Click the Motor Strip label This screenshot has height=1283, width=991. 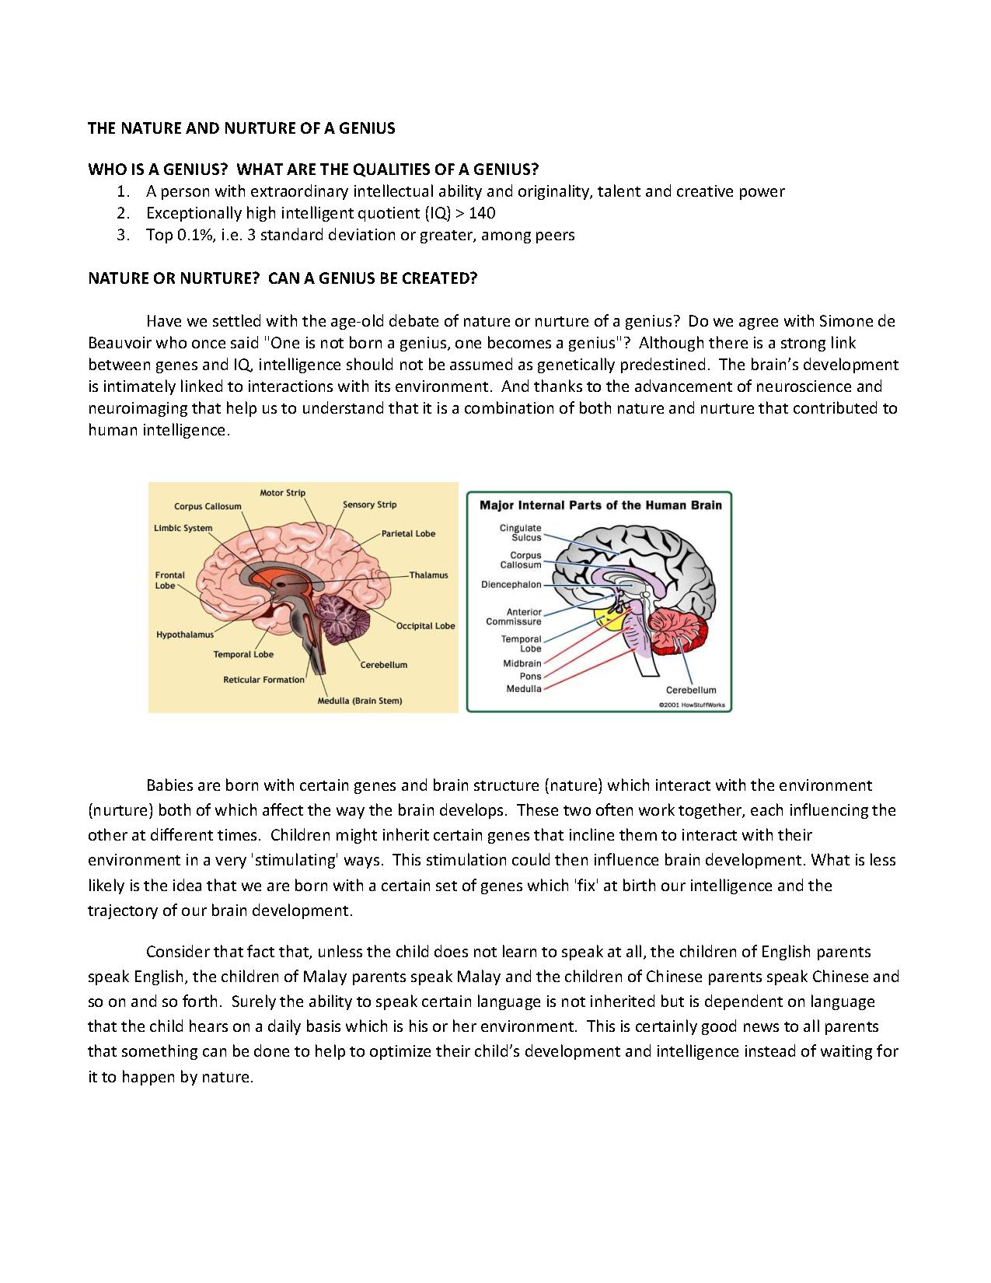(282, 492)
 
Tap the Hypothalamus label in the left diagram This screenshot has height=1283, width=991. (184, 635)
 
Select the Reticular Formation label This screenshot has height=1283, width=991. (263, 680)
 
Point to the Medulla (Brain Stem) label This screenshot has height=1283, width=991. (360, 701)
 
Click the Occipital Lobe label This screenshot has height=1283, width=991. (425, 626)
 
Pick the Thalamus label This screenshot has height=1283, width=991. (429, 575)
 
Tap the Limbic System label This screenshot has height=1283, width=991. (183, 528)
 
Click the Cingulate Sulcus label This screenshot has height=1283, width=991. (520, 533)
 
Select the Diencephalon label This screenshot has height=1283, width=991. (511, 584)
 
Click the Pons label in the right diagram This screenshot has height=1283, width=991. (530, 676)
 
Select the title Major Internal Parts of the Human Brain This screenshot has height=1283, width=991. (600, 505)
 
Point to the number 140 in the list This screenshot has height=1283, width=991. (482, 213)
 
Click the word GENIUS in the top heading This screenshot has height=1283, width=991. (365, 128)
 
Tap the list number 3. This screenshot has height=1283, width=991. (122, 235)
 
